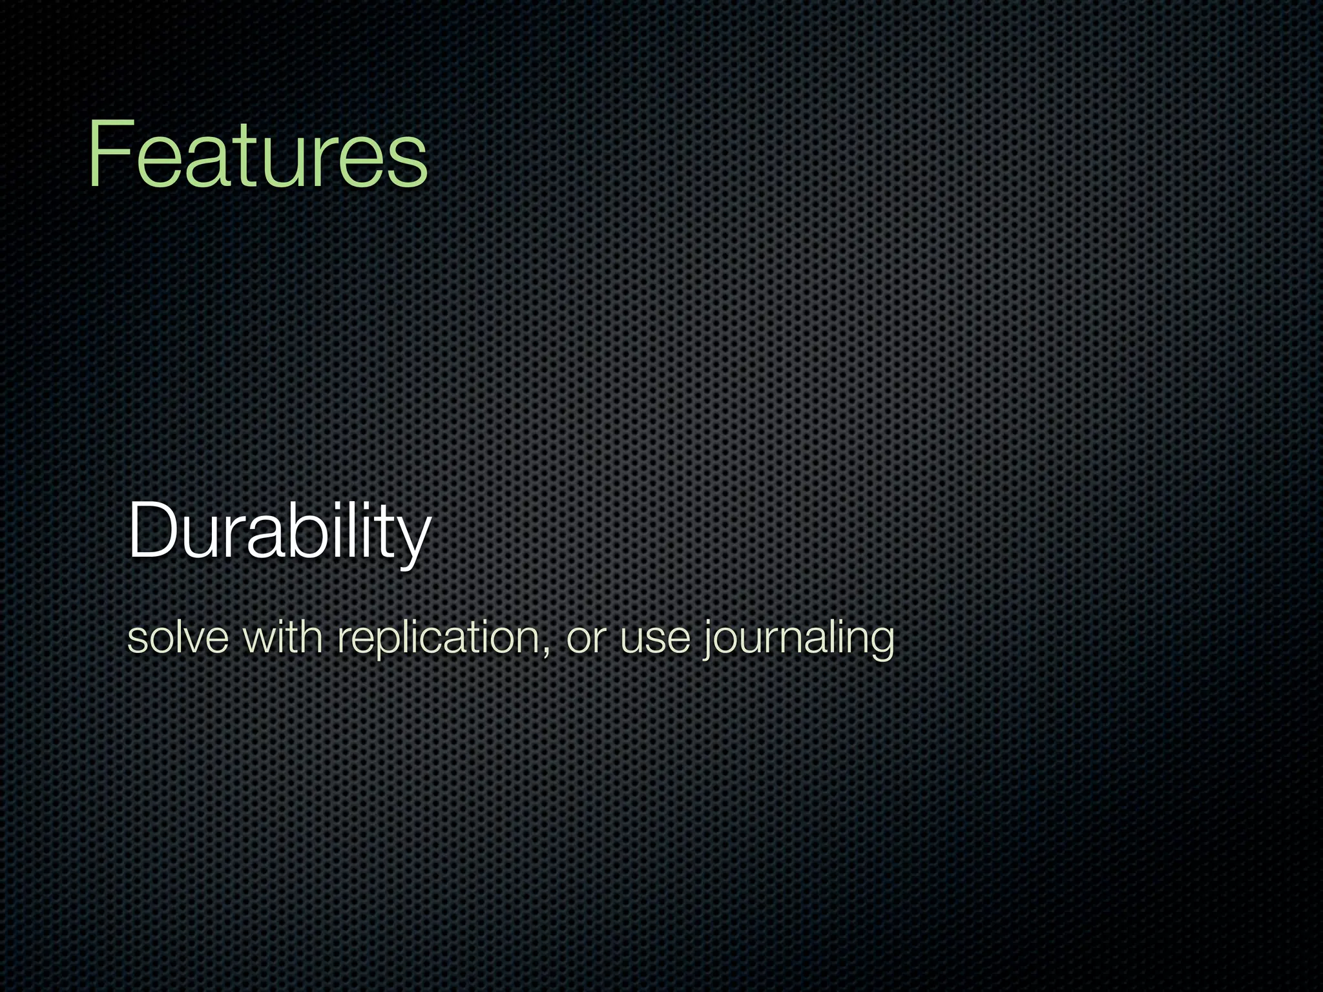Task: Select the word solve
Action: pos(178,638)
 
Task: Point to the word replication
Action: pos(439,638)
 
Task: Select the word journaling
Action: pos(798,638)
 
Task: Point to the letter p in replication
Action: pos(386,643)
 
